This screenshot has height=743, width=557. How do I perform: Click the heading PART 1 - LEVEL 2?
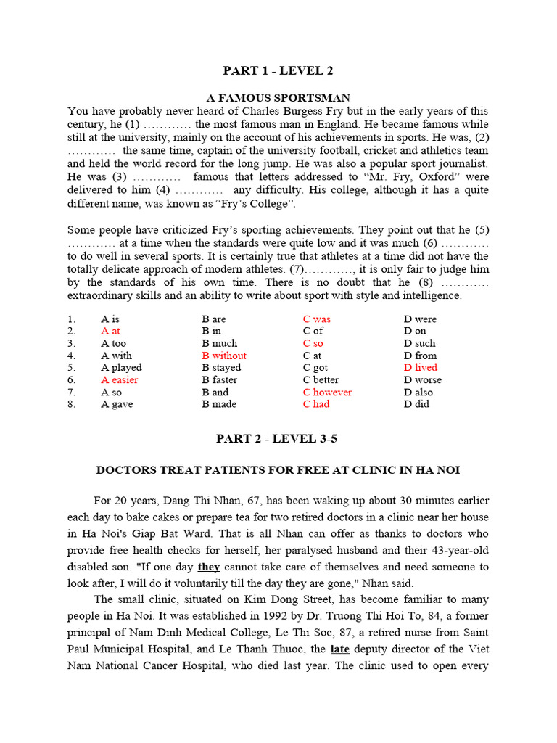pyautogui.click(x=278, y=70)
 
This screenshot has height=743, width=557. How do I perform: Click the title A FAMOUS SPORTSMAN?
pyautogui.click(x=278, y=97)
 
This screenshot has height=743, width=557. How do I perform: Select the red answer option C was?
pyautogui.click(x=317, y=319)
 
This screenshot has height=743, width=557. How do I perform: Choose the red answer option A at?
pyautogui.click(x=111, y=331)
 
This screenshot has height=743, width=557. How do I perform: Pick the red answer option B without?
pyautogui.click(x=224, y=356)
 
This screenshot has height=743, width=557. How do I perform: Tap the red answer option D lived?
pyautogui.click(x=421, y=368)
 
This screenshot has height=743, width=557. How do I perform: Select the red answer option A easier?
pyautogui.click(x=120, y=379)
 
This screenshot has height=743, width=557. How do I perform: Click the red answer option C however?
pyautogui.click(x=327, y=392)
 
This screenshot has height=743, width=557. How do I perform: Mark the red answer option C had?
pyautogui.click(x=316, y=404)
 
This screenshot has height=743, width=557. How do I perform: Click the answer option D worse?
pyautogui.click(x=422, y=379)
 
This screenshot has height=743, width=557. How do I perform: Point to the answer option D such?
pyautogui.click(x=420, y=343)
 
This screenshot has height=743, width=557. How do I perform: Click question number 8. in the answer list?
pyautogui.click(x=71, y=404)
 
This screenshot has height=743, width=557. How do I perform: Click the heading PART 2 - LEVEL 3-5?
pyautogui.click(x=278, y=438)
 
